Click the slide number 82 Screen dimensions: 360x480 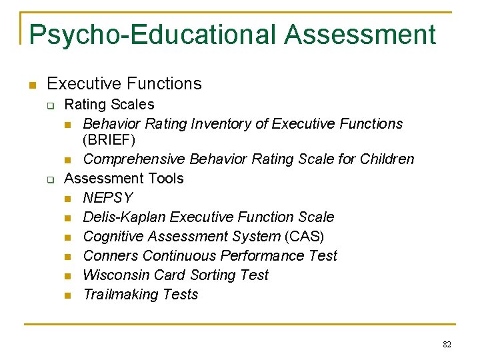pyautogui.click(x=447, y=344)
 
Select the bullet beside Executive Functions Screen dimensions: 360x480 pyautogui.click(x=31, y=85)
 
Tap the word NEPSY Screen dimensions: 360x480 pyautogui.click(x=107, y=198)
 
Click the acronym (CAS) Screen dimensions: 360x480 pyautogui.click(x=304, y=237)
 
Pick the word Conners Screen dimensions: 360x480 pyautogui.click(x=111, y=256)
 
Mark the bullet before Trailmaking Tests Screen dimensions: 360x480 pyautogui.click(x=68, y=295)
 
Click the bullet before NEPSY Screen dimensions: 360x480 pyautogui.click(x=68, y=199)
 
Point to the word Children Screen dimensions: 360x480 pyautogui.click(x=387, y=159)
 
